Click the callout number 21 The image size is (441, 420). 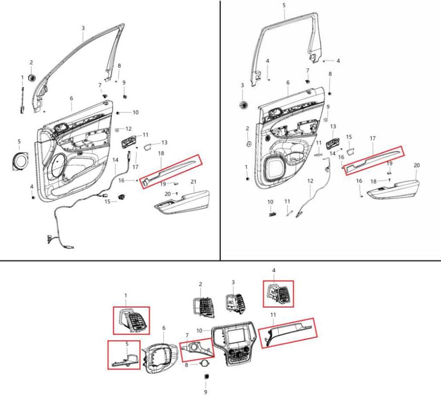193,182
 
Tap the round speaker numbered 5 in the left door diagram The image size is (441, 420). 20,161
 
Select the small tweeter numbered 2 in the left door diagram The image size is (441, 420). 32,78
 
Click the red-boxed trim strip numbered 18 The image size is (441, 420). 170,171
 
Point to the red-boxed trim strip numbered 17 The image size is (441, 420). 374,161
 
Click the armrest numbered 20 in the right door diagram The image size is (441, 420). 393,190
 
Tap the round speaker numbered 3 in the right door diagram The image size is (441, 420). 243,105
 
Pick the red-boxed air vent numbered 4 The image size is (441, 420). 278,294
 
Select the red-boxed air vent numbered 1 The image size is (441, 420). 132,320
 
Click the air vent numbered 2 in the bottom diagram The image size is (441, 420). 203,307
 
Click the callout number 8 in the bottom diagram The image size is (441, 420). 186,365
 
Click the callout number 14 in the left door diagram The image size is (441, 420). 115,160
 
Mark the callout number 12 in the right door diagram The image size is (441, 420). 310,181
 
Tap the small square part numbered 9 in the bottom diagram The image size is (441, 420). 206,376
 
